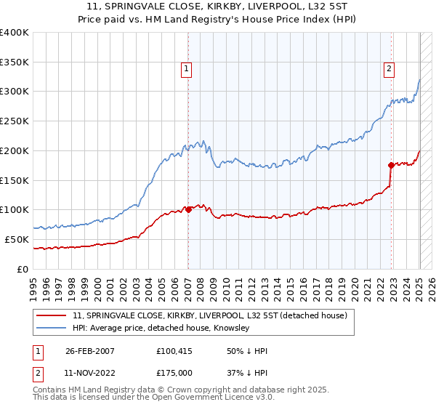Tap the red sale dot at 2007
188,209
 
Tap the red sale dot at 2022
391,165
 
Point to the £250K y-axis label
15,121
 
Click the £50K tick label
17,239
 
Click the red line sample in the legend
51,315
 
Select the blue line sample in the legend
51,329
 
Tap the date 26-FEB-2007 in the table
90,351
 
